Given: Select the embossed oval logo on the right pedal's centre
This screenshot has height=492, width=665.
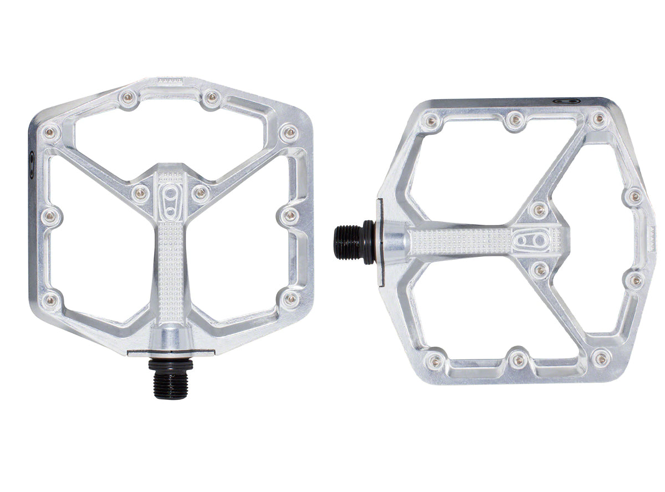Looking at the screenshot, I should point(530,241).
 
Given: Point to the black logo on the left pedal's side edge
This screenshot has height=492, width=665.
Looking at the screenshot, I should point(32,165).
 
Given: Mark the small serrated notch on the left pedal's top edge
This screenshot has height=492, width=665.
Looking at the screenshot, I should point(170,82).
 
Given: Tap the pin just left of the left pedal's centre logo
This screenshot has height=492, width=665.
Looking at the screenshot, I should point(141,193).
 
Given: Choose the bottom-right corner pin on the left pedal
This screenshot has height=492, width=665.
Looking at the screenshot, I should point(290,299).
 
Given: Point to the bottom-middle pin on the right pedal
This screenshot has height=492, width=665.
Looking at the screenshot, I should point(518,360).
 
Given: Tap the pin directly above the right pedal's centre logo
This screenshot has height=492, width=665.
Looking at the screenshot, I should point(538,209).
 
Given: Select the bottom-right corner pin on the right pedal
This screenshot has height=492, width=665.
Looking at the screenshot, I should point(601,359).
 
